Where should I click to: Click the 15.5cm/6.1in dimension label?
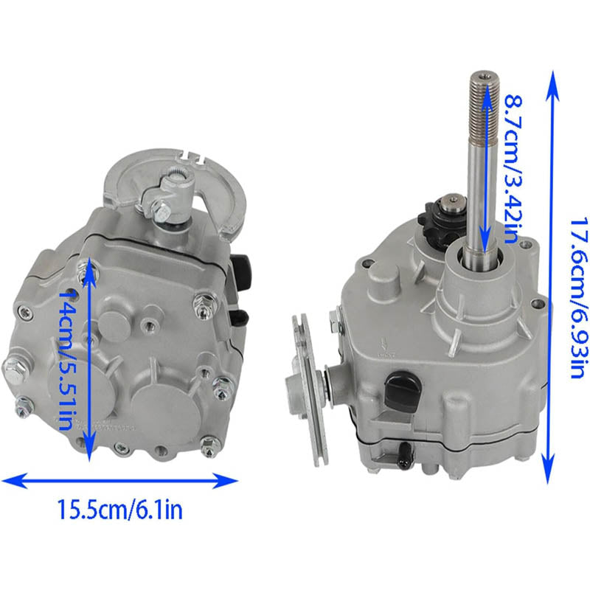click(120, 509)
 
